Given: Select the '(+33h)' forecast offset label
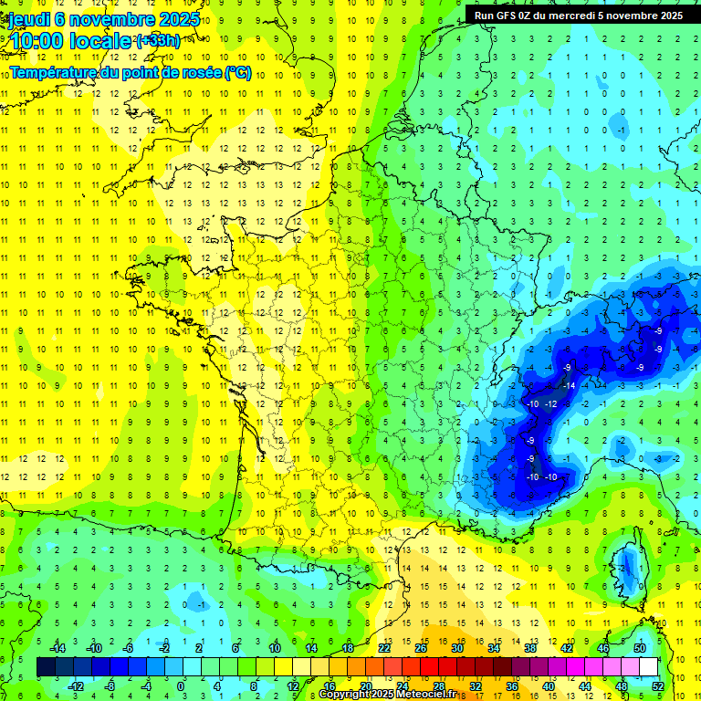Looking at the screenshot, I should [x=157, y=41].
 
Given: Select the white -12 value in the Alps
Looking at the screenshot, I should [x=550, y=403].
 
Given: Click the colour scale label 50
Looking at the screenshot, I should [x=639, y=648].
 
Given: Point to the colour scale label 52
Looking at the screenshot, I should [x=658, y=685].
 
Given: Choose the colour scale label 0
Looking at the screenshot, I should [x=181, y=685].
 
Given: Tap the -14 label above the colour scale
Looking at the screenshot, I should [x=57, y=648].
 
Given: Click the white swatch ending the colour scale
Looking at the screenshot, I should [x=648, y=667].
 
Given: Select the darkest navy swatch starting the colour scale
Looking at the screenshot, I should [x=46, y=667].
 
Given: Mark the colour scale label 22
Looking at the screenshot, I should [x=384, y=648].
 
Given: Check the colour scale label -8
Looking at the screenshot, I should [x=110, y=685].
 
